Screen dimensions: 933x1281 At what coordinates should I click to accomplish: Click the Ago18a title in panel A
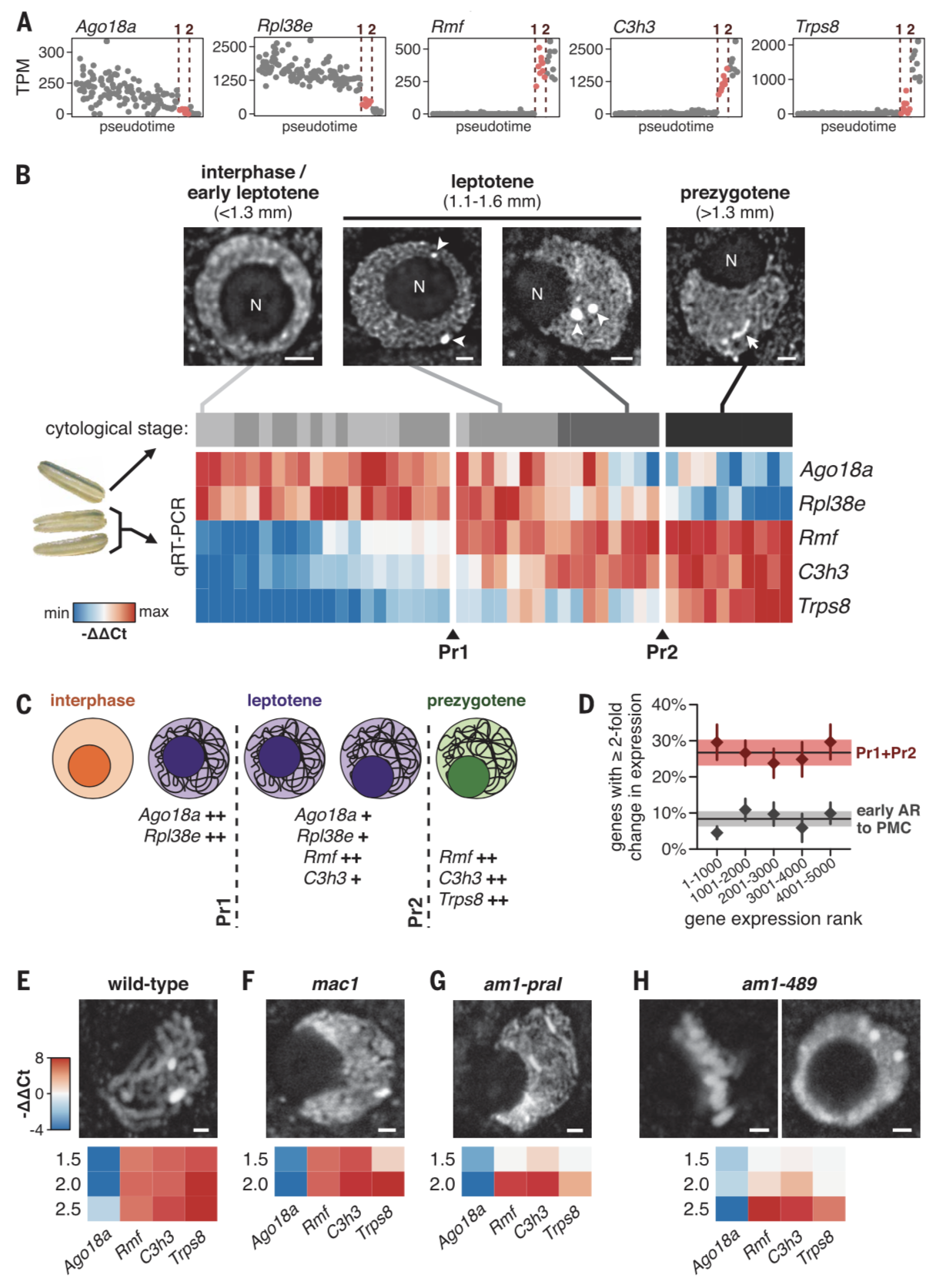click(105, 26)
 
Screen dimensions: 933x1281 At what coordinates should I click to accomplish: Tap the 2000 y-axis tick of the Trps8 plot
click(767, 45)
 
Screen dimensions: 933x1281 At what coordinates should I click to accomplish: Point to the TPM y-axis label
click(24, 76)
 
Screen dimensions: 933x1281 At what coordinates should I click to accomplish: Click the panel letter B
click(24, 175)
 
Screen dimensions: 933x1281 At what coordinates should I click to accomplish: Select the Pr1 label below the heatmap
click(453, 652)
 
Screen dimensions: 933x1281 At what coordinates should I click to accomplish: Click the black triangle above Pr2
click(661, 634)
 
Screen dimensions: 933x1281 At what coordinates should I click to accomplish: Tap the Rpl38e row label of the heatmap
click(831, 503)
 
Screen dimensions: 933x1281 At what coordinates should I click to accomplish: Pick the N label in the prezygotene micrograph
click(731, 261)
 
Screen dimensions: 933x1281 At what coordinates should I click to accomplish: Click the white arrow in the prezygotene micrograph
click(751, 340)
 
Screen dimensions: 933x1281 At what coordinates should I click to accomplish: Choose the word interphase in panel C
click(92, 701)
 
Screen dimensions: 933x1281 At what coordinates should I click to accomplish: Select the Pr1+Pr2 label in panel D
click(885, 753)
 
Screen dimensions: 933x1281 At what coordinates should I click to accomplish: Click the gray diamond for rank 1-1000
click(717, 833)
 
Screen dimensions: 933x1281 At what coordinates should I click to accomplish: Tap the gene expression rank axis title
click(773, 918)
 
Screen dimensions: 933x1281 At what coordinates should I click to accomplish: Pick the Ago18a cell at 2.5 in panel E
click(103, 1209)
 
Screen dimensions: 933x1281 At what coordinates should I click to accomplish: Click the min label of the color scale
click(56, 614)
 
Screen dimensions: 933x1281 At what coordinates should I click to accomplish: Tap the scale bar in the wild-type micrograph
click(202, 1129)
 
